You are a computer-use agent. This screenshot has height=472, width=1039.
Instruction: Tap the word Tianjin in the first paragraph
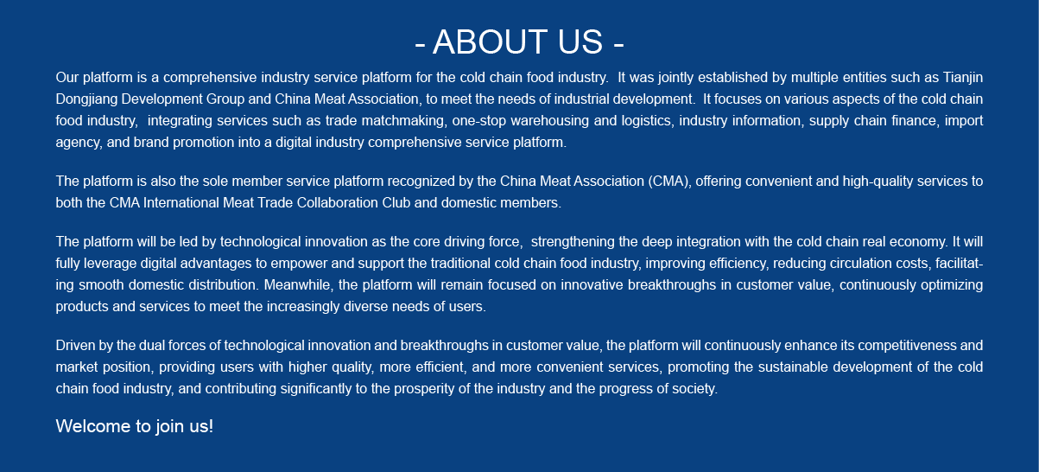point(963,78)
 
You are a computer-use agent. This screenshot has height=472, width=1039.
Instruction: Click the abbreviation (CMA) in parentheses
point(670,182)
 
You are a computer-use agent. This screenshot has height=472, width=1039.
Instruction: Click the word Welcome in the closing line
point(93,426)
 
